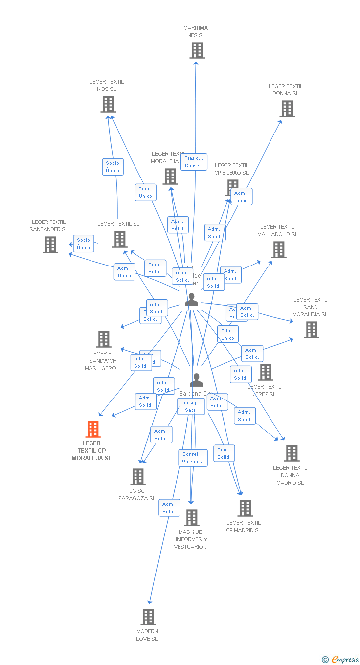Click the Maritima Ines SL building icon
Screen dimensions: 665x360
pyautogui.click(x=197, y=50)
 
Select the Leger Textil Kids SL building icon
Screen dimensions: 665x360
pyautogui.click(x=108, y=104)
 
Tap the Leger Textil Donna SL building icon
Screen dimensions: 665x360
pyautogui.click(x=287, y=109)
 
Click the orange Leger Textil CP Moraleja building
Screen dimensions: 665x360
pyautogui.click(x=93, y=429)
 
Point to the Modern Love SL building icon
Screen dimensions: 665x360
pyautogui.click(x=148, y=617)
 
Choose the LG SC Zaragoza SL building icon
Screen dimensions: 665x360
pyautogui.click(x=137, y=477)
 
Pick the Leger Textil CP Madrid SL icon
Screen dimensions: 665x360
pyautogui.click(x=245, y=508)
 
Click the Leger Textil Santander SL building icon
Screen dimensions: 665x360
pyautogui.click(x=50, y=245)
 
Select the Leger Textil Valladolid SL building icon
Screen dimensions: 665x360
pyautogui.click(x=279, y=250)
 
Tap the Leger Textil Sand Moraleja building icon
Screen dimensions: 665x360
pyautogui.click(x=311, y=330)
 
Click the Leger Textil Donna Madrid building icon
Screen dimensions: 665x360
pyautogui.click(x=291, y=453)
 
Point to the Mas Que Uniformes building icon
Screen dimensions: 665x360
pyautogui.click(x=191, y=518)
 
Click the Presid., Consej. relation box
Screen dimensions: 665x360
pyautogui.click(x=194, y=162)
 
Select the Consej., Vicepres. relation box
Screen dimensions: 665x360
pyautogui.click(x=192, y=458)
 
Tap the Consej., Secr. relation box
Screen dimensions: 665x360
pyautogui.click(x=191, y=407)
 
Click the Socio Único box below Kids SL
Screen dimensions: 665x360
pyautogui.click(x=112, y=167)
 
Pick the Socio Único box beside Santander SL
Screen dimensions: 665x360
pyautogui.click(x=83, y=244)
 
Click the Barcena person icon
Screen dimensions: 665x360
pyautogui.click(x=196, y=380)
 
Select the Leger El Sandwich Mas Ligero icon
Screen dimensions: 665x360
pyautogui.click(x=103, y=339)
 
